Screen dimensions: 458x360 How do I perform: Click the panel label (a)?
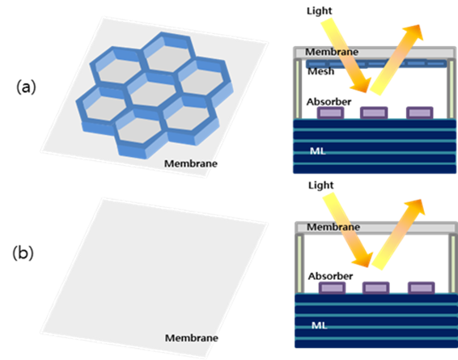[x=26, y=87]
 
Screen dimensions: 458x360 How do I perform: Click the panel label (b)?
[x=23, y=253]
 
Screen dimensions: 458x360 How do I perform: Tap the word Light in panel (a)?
[x=320, y=11]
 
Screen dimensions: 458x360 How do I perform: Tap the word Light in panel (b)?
[x=320, y=185]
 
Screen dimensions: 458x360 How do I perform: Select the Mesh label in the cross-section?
[x=320, y=71]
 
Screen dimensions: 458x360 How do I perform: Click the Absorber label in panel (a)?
[x=329, y=102]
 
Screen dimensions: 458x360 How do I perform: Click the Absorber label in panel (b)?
[x=330, y=276]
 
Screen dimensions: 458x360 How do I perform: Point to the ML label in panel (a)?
[x=317, y=151]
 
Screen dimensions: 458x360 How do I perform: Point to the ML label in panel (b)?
[x=320, y=325]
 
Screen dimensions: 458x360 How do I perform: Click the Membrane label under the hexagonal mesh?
[x=191, y=163]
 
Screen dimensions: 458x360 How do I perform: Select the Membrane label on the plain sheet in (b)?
[x=192, y=338]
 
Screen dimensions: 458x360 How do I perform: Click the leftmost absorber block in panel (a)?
[x=330, y=112]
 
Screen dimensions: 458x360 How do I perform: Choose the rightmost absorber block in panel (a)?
[x=420, y=112]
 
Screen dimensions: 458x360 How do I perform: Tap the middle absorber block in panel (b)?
[x=375, y=288]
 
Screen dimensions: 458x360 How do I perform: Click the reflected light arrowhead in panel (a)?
[x=413, y=32]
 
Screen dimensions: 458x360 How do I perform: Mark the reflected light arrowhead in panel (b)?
[x=415, y=206]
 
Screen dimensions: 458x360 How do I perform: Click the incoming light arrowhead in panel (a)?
[x=362, y=85]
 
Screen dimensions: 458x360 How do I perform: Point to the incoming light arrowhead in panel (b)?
[x=363, y=259]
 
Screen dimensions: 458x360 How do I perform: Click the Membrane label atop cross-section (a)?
[x=332, y=52]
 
